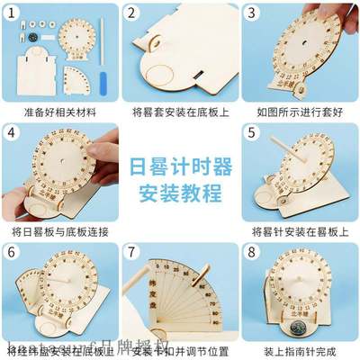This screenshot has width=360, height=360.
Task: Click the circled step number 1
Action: (13, 13)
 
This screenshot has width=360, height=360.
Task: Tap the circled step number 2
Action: (132, 13)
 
